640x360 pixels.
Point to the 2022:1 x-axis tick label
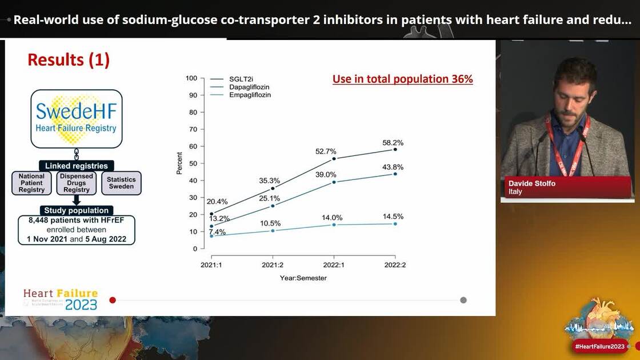(x=334, y=265)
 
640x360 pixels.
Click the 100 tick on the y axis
(x=191, y=78)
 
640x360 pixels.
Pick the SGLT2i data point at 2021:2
(x=273, y=188)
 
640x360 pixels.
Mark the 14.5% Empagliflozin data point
(x=395, y=223)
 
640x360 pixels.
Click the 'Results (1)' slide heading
(x=69, y=59)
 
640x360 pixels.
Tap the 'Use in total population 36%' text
(x=403, y=79)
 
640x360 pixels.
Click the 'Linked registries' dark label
(x=76, y=166)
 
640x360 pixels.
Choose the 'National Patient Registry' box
(x=31, y=183)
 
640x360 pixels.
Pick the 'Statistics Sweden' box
(x=121, y=183)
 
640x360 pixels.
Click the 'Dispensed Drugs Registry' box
(x=77, y=183)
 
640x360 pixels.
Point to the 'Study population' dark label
(x=76, y=210)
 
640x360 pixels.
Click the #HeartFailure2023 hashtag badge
(x=599, y=346)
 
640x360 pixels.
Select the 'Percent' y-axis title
(x=179, y=163)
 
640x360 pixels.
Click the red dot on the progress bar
(x=113, y=300)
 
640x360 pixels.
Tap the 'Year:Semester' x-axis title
(x=303, y=278)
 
